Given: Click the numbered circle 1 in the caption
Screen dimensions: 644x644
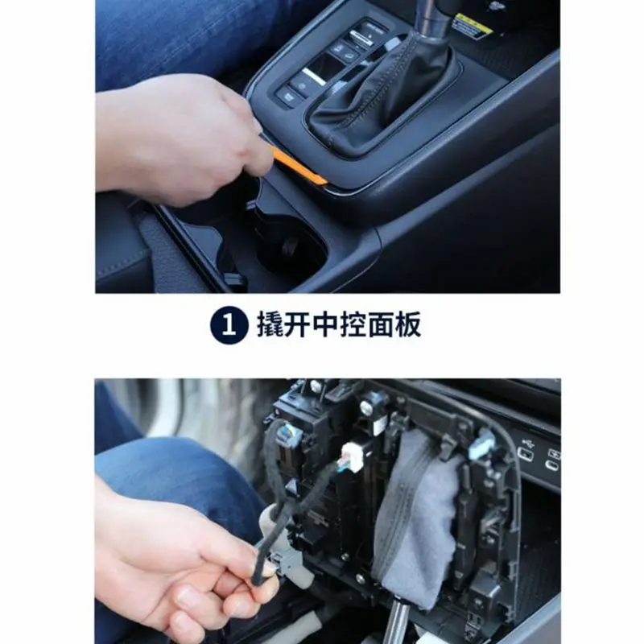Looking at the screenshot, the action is pyautogui.click(x=229, y=327).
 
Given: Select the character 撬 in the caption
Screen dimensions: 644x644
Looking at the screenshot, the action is pyautogui.click(x=270, y=325).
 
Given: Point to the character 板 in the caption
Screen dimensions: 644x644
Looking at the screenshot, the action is pyautogui.click(x=407, y=325).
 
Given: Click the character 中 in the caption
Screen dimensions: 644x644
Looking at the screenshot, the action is pyautogui.click(x=326, y=325).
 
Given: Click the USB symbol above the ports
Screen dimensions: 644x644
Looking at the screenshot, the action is pyautogui.click(x=527, y=444).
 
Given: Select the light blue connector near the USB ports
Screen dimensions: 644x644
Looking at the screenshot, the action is pyautogui.click(x=481, y=441).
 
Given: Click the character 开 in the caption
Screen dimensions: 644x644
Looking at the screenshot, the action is pyautogui.click(x=297, y=325).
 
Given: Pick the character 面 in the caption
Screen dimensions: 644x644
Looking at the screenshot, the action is pyautogui.click(x=379, y=325).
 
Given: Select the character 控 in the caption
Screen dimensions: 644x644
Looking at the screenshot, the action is pyautogui.click(x=353, y=325).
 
